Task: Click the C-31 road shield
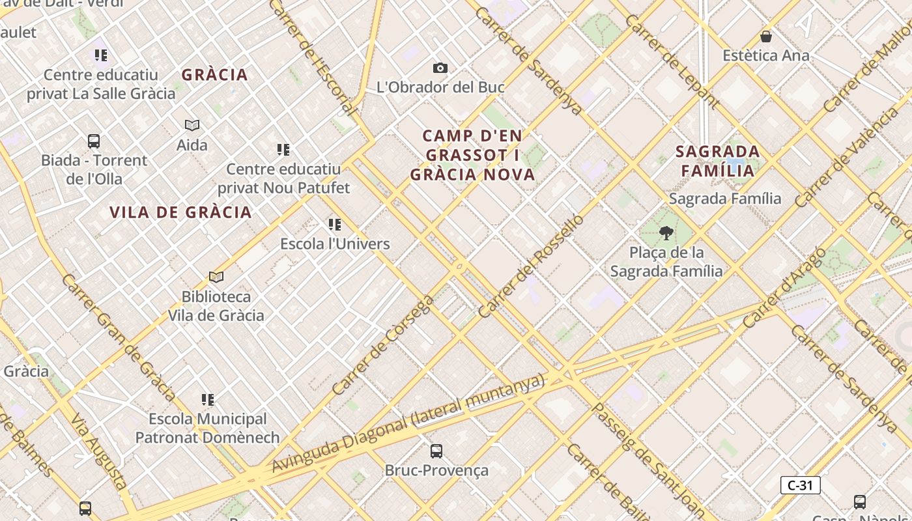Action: point(800,485)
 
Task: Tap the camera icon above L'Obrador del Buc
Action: point(440,68)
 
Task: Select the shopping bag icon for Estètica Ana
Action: point(766,36)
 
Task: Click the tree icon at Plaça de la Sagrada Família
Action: point(666,232)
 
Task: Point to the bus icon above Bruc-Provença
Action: point(436,451)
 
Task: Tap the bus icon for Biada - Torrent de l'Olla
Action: point(94,141)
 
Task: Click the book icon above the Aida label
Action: point(192,125)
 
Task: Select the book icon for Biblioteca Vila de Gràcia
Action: point(216,277)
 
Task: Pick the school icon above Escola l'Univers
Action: point(335,225)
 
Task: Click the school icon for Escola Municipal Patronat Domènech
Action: point(208,399)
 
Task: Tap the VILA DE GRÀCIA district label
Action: point(180,212)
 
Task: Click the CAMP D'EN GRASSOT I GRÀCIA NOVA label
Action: point(472,155)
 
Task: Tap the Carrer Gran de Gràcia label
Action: point(119,337)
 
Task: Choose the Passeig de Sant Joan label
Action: point(648,460)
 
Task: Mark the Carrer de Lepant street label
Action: point(672,61)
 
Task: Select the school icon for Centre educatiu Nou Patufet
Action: point(283,150)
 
